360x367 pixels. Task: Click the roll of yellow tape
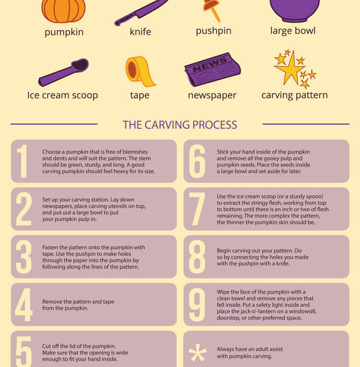(140, 71)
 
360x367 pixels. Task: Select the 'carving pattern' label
(294, 95)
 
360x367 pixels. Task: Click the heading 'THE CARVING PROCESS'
(180, 125)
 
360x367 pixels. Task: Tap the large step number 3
(24, 257)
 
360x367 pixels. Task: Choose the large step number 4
(24, 305)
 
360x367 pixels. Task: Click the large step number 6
(197, 161)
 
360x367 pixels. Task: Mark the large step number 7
(197, 209)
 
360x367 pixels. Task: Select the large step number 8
(197, 257)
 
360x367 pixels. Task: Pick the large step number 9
(197, 305)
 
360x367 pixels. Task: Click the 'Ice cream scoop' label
(62, 95)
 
